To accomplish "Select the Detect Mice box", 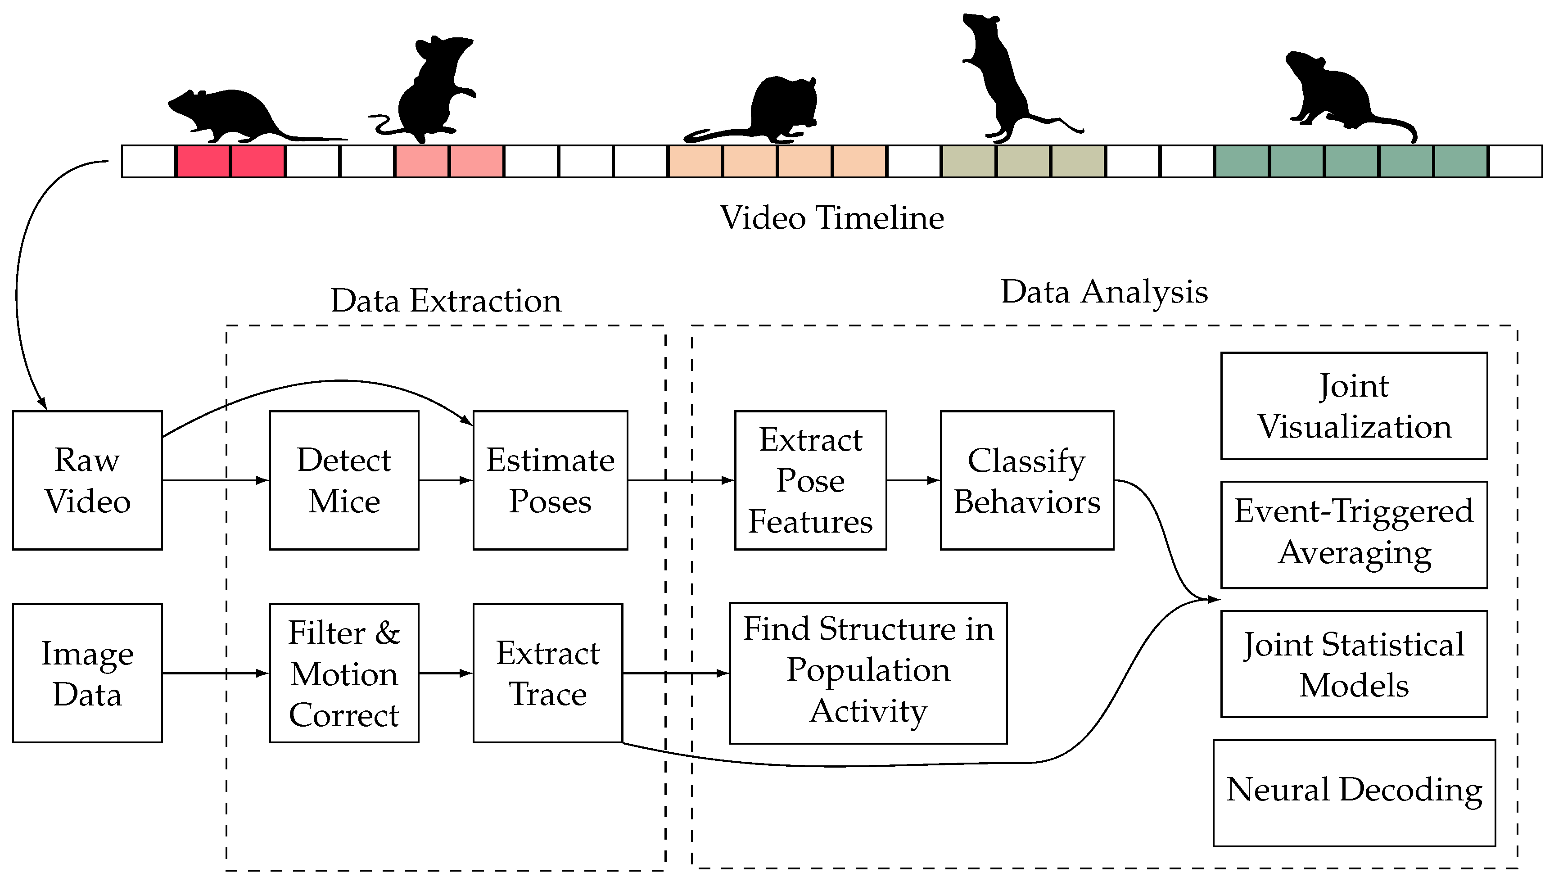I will pyautogui.click(x=344, y=480).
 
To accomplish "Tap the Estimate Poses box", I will pyautogui.click(x=550, y=480).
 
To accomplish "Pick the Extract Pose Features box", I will pyautogui.click(x=810, y=480).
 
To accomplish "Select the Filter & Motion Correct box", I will pyautogui.click(x=344, y=673).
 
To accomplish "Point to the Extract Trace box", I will pyautogui.click(x=547, y=673).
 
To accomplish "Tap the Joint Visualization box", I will pyautogui.click(x=1354, y=406).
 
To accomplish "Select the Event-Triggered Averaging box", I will pyautogui.click(x=1354, y=535).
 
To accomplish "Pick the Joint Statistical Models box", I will pyautogui.click(x=1354, y=664).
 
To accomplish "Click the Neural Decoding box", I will pyautogui.click(x=1354, y=793).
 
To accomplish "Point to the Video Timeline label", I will pyautogui.click(x=832, y=218).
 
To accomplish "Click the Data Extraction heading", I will pyautogui.click(x=445, y=301).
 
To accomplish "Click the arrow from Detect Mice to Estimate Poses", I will pyautogui.click(x=445, y=480).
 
